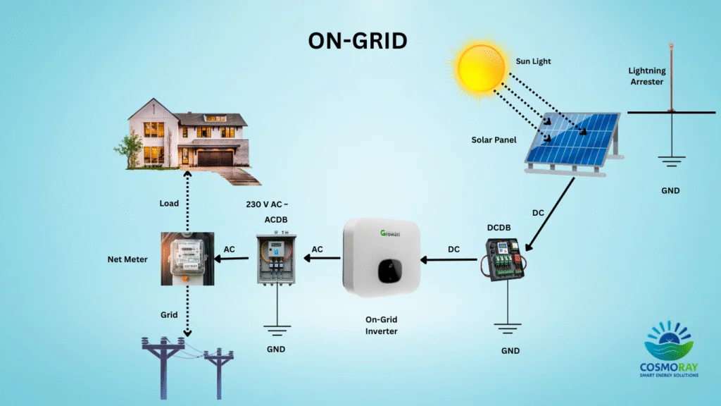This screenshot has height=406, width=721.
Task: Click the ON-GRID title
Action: point(358,41)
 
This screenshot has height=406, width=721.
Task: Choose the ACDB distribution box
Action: point(276,259)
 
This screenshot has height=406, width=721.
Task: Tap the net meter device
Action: point(187,259)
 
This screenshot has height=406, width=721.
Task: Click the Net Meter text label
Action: point(127,259)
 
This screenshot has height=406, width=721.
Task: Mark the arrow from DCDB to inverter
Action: point(451,259)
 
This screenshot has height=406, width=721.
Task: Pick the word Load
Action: point(169,203)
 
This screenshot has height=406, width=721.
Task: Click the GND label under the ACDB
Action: point(276,349)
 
